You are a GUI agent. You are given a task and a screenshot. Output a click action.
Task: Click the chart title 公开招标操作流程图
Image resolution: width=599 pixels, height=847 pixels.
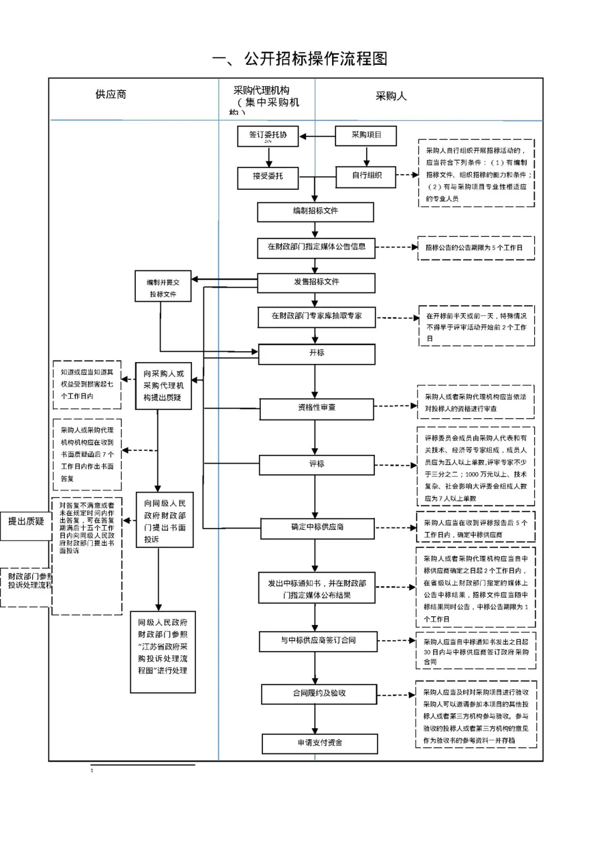(300, 59)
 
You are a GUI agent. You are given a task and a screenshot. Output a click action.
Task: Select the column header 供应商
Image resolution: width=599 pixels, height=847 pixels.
(111, 95)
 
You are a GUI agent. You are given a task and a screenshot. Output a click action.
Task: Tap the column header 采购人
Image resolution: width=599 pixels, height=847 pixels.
(391, 97)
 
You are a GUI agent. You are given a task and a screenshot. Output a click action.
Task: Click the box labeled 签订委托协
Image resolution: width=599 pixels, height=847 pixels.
(268, 136)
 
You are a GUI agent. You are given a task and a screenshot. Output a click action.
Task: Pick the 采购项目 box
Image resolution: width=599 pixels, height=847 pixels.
(366, 135)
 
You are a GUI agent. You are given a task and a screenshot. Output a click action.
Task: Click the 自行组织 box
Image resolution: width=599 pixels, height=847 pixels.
(367, 176)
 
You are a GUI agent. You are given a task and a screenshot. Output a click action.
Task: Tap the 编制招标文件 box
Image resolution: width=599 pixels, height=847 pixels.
(315, 212)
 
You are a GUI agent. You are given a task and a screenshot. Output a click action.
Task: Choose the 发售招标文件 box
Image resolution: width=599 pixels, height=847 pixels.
(316, 282)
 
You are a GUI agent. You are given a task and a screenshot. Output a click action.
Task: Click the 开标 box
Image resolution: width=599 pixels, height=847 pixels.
(316, 354)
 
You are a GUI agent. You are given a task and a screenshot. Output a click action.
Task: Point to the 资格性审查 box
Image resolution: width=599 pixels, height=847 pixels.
(316, 409)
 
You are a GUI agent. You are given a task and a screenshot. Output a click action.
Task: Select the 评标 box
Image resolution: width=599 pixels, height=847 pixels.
(316, 465)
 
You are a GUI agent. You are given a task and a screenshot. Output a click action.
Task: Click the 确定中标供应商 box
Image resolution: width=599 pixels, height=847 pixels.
(317, 528)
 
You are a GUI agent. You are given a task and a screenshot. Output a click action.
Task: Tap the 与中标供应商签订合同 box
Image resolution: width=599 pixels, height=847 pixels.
(318, 641)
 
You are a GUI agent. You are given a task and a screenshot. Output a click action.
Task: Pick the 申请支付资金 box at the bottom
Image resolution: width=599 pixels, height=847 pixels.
(319, 744)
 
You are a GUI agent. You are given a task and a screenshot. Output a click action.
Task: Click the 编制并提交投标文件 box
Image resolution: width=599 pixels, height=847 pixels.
(163, 287)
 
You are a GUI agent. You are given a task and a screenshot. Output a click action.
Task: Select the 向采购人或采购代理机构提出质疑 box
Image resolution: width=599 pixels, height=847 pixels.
(163, 386)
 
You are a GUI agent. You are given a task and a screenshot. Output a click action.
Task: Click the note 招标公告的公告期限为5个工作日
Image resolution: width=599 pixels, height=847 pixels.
(475, 248)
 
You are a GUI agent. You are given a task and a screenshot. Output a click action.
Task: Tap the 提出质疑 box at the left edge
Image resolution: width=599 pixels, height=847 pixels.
(26, 525)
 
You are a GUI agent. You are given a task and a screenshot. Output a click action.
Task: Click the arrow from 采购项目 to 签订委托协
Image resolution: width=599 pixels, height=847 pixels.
(317, 136)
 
